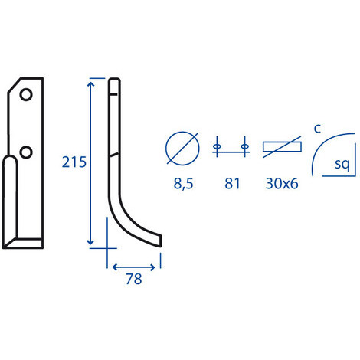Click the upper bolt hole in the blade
(x=26, y=95)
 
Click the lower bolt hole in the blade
(x=26, y=152)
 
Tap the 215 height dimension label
(x=74, y=162)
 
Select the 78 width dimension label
(x=134, y=279)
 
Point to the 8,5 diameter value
(x=183, y=184)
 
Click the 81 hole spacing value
(x=232, y=184)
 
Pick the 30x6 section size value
(x=282, y=184)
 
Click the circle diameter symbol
(x=182, y=149)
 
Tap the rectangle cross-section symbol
(x=282, y=147)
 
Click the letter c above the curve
(x=317, y=129)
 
